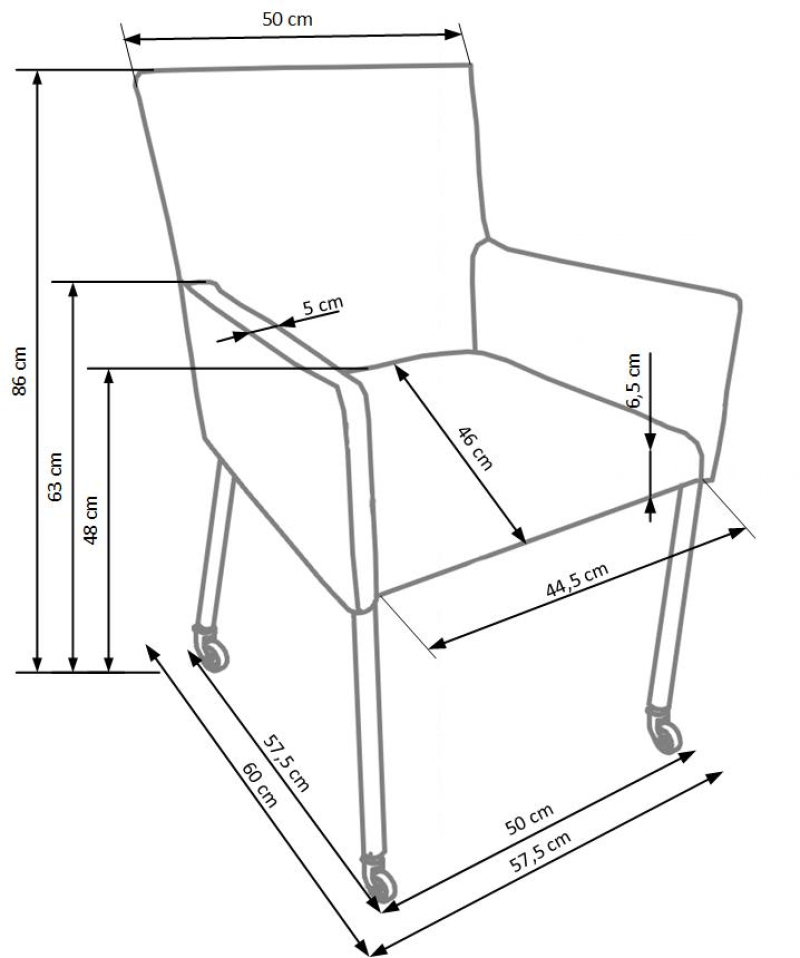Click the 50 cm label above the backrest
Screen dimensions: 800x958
point(287,19)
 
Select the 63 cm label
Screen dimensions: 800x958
point(55,476)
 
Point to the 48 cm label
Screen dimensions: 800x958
point(91,520)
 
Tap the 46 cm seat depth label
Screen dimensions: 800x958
point(475,448)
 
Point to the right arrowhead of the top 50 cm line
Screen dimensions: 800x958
point(453,34)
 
